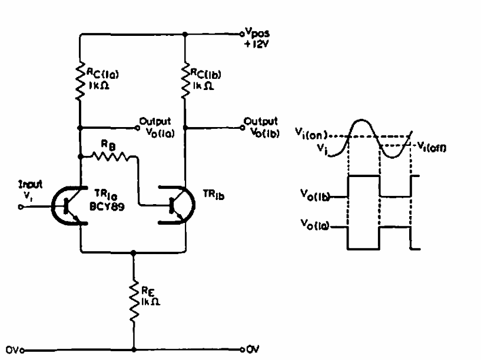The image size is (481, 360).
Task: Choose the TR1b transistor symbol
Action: coord(175,206)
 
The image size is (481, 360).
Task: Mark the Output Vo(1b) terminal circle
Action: coord(241,125)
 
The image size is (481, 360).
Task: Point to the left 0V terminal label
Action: coord(13,348)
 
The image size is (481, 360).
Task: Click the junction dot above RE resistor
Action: coord(134,252)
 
